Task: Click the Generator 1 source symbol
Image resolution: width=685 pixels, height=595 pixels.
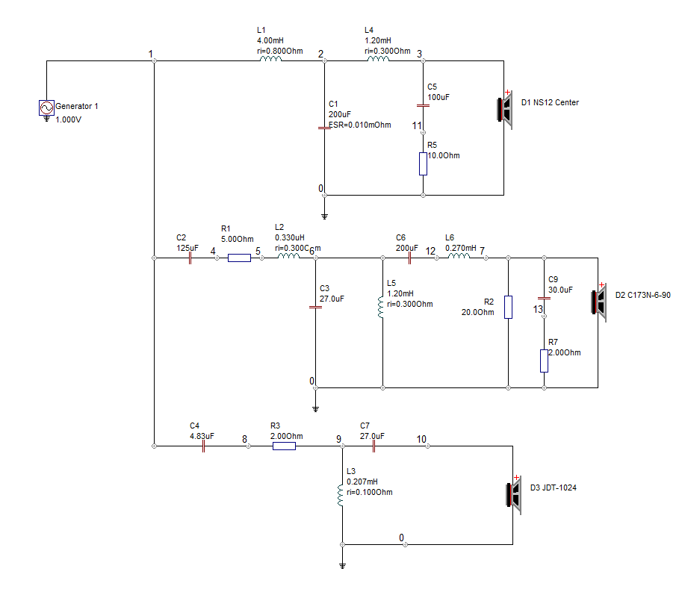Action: pos(47,108)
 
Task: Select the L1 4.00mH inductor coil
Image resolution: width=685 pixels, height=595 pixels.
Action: pos(271,59)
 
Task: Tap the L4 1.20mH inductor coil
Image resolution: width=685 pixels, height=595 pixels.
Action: pos(378,59)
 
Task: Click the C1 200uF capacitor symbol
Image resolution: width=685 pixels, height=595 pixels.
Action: pos(324,128)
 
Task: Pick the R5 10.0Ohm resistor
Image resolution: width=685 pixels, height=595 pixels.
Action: pos(423,163)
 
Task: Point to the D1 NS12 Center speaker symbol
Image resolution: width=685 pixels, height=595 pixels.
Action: pos(504,110)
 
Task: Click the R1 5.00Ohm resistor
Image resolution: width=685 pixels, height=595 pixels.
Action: pos(239,258)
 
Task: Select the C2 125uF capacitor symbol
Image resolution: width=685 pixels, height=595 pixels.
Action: pos(190,258)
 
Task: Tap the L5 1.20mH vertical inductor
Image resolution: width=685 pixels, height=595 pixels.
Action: pos(381,308)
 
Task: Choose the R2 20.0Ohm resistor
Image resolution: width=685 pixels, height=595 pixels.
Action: pos(508,307)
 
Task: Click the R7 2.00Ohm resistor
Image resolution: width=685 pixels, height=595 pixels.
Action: pos(544,361)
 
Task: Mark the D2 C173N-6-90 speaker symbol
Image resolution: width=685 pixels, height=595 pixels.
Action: pos(599,302)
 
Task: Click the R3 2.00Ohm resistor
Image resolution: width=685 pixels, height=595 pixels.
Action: pos(285,446)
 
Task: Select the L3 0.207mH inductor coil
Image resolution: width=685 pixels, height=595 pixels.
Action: pos(341,496)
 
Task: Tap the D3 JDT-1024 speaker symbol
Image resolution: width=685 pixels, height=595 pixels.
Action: pos(514,495)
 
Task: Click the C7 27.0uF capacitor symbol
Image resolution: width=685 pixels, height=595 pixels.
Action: pos(374,446)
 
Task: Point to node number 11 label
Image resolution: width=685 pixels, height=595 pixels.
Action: pos(417,125)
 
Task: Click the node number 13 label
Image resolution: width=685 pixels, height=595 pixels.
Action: pos(538,310)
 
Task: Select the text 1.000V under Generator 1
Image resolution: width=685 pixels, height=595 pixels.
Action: pos(68,119)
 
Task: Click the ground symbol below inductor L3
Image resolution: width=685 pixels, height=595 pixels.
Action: pos(342,566)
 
